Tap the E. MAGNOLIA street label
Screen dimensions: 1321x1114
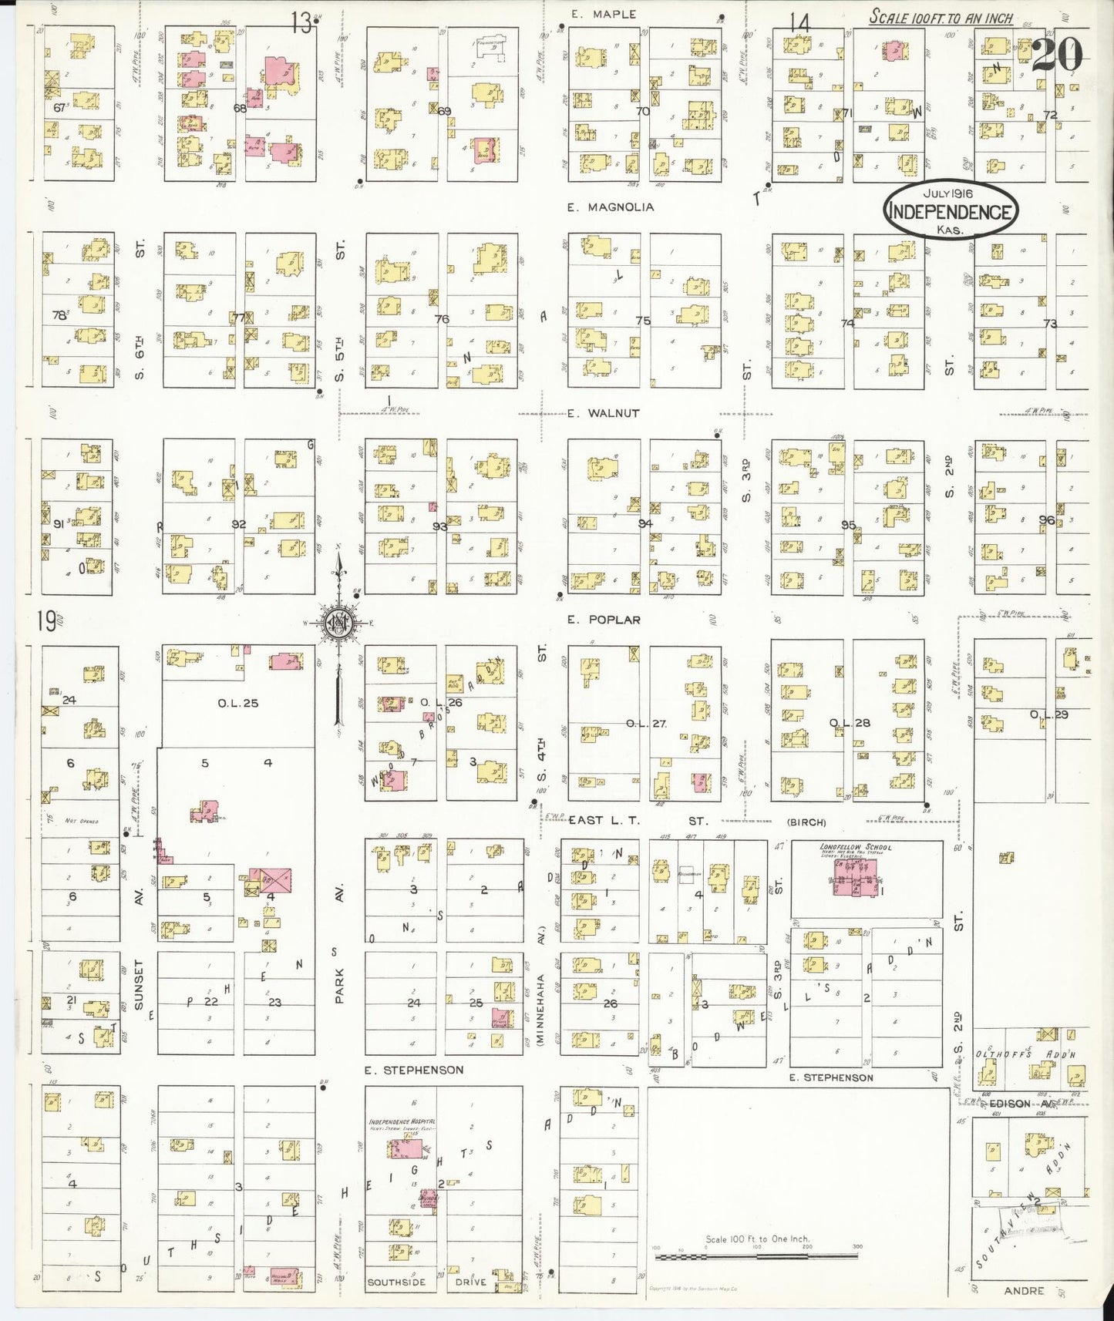point(610,207)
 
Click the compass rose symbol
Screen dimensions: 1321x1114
point(338,624)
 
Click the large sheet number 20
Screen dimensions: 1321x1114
point(1057,54)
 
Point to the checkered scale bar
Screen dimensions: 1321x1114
point(756,1257)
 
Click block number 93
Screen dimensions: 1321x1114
point(439,526)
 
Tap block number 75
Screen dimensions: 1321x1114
point(642,321)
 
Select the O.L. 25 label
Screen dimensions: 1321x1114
point(238,703)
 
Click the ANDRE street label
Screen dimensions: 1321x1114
point(1023,1290)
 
